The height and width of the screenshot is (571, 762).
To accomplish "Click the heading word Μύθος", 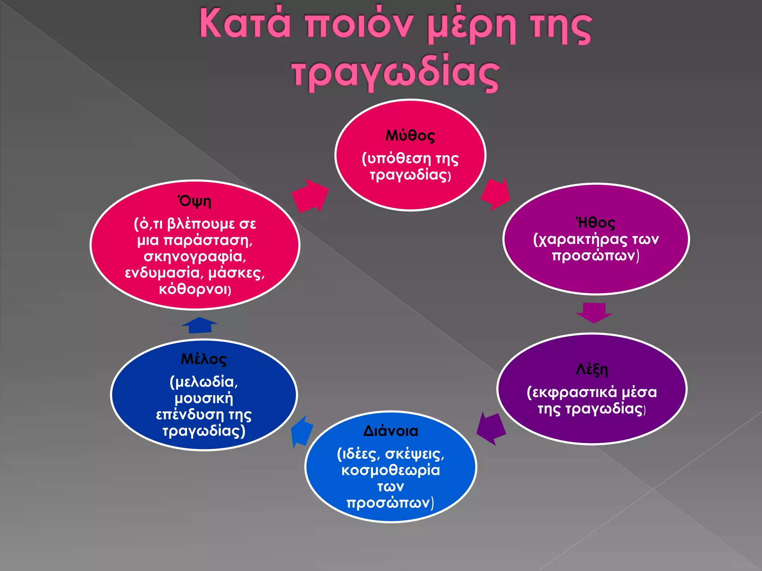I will coord(410,136).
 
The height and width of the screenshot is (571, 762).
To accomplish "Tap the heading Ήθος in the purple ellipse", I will coord(595,223).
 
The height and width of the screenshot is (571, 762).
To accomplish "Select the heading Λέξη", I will coord(592,370).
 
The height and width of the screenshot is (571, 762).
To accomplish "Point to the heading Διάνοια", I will coord(391,431).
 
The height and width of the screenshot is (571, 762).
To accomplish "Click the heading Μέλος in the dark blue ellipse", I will coord(204,359).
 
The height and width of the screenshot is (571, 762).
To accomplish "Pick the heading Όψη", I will coord(195,201).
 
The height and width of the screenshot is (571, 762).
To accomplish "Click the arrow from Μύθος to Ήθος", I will coord(496,194).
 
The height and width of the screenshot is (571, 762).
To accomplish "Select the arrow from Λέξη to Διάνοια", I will coord(491,429).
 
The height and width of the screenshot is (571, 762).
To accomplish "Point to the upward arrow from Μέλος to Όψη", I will coord(200,325).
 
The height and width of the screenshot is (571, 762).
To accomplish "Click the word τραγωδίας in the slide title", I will coord(395,72).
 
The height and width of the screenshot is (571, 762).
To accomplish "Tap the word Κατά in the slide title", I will coord(245,24).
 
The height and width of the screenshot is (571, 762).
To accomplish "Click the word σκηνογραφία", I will coord(195,257).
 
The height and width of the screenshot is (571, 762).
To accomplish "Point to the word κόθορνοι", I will coord(195,289).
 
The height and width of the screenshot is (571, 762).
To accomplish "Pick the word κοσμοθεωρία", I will coord(391,470).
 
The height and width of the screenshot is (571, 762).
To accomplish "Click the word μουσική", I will coord(204,398).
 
